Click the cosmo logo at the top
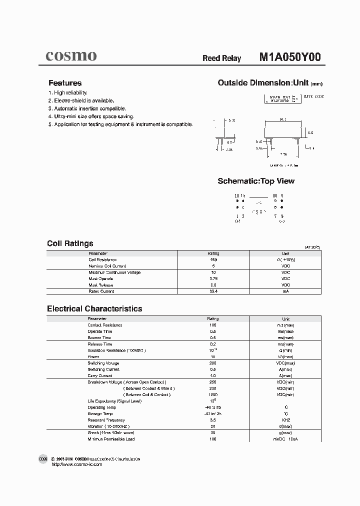(x=71, y=56)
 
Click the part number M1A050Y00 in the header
(x=289, y=57)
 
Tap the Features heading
(x=65, y=83)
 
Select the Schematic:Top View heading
(x=256, y=181)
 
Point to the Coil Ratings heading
(x=70, y=243)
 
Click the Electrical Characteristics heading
(x=94, y=309)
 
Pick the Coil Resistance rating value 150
(x=213, y=260)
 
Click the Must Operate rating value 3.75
(x=213, y=278)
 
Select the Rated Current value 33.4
(x=213, y=291)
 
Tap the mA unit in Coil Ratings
(x=285, y=291)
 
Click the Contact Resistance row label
(x=105, y=325)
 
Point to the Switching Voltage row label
(x=103, y=363)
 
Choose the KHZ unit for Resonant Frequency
(x=285, y=420)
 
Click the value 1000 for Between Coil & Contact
(x=213, y=394)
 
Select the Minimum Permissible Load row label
(x=111, y=439)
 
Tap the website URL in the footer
(x=77, y=464)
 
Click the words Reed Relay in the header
(x=221, y=58)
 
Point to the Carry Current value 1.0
(x=213, y=375)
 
